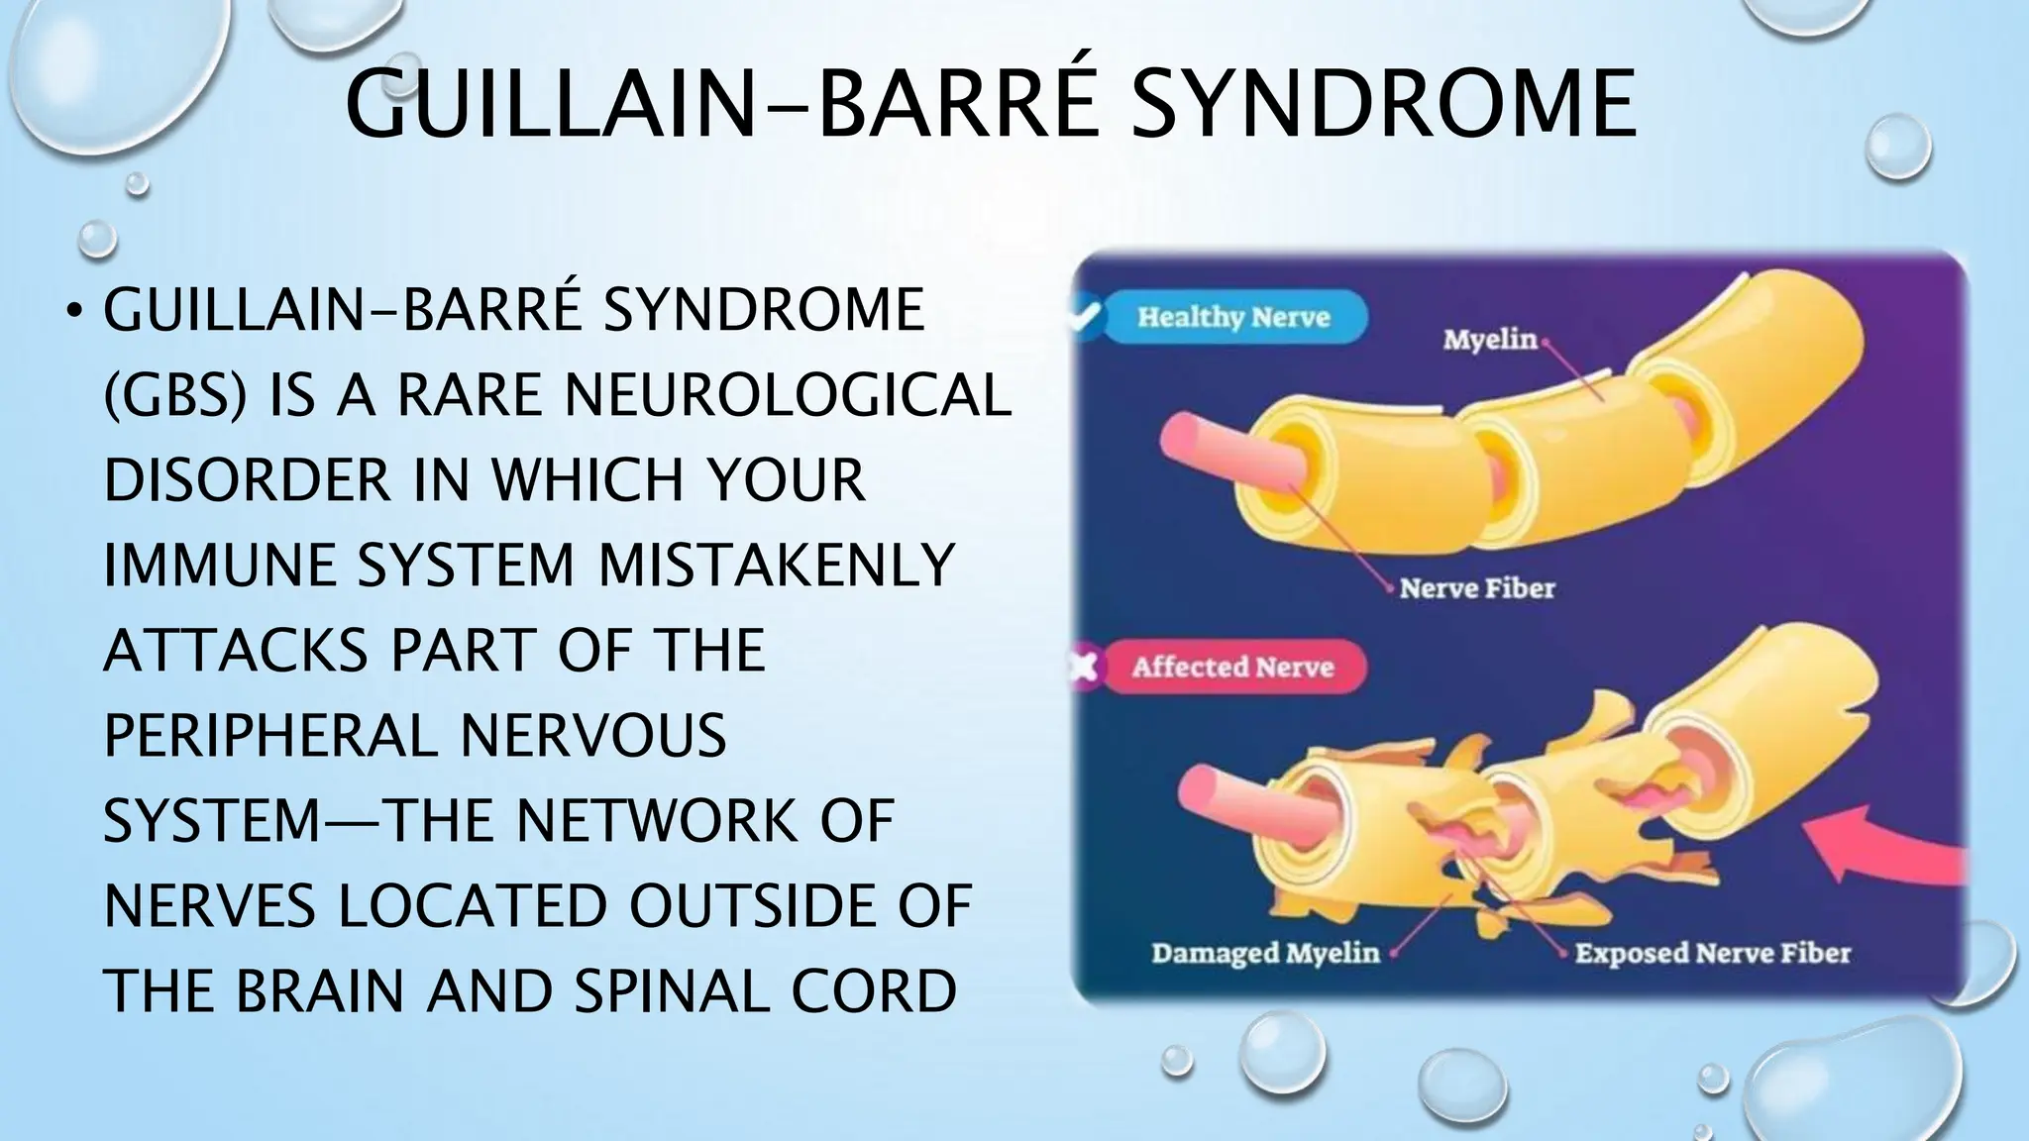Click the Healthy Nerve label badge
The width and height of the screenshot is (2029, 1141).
tap(1233, 318)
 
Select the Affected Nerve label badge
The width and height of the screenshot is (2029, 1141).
tap(1233, 667)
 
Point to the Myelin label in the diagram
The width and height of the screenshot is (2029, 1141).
tap(1489, 340)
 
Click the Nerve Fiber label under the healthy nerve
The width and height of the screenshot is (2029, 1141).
tap(1477, 588)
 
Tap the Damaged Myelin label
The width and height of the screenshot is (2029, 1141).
tap(1265, 953)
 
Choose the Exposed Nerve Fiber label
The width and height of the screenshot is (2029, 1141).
tap(1713, 953)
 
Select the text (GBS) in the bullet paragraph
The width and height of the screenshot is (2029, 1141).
tap(174, 395)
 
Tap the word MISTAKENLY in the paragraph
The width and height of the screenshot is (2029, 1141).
tap(776, 566)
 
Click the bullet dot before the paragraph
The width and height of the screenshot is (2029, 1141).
tap(72, 311)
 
